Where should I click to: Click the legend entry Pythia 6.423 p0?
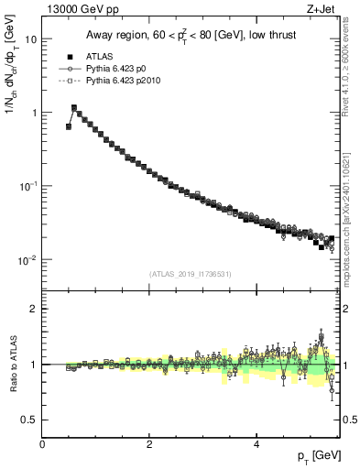click(x=127, y=69)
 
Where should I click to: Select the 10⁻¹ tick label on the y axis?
click(x=28, y=186)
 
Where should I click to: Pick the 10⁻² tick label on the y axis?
click(x=28, y=259)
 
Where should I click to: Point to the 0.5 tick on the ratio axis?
click(x=30, y=420)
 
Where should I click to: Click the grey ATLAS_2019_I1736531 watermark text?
click(x=190, y=274)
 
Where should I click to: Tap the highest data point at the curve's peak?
click(x=74, y=107)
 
